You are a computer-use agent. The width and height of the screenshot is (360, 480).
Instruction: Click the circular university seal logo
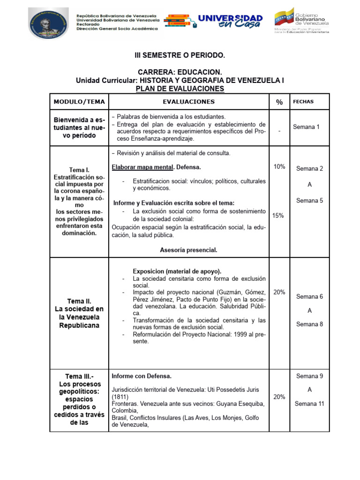[49, 22]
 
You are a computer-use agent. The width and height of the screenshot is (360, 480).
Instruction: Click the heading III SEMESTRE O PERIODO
[180, 56]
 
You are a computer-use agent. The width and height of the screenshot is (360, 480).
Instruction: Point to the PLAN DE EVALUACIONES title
[180, 89]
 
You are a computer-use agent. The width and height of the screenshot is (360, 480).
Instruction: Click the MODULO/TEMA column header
[79, 102]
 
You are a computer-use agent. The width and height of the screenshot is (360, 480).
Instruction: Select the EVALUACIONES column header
[189, 102]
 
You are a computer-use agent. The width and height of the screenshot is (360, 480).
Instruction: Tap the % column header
[279, 102]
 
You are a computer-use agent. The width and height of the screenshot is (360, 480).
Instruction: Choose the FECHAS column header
[303, 102]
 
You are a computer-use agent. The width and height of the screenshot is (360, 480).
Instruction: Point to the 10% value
[279, 167]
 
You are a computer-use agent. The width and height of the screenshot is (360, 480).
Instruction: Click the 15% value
[278, 216]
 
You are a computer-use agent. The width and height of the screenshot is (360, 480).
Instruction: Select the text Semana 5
[309, 201]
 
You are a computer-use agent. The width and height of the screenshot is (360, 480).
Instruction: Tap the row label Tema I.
[79, 170]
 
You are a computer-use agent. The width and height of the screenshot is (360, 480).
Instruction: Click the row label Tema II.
[79, 301]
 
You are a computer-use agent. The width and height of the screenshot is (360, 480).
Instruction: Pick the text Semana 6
[309, 297]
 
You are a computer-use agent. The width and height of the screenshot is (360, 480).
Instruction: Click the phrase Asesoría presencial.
[188, 250]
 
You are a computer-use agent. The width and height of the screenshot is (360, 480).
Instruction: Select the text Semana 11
[309, 404]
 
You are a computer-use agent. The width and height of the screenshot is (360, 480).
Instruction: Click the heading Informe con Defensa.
[142, 376]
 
